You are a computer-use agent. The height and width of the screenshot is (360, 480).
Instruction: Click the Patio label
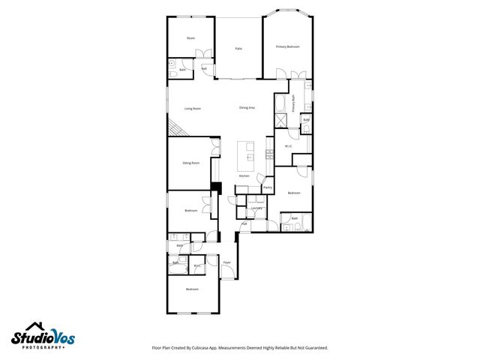238,48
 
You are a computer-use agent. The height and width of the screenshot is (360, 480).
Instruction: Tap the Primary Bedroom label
287,46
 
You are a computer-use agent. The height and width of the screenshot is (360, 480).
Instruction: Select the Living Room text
192,108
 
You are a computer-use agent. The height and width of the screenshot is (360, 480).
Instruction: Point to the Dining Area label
247,108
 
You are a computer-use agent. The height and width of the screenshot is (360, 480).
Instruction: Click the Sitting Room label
190,163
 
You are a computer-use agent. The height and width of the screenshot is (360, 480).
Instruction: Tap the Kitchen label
244,175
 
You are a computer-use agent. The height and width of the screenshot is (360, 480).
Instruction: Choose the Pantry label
267,187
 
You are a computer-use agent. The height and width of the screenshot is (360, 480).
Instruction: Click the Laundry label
256,208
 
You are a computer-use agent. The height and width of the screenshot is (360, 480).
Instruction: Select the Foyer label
226,262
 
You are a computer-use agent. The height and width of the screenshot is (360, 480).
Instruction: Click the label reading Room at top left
190,37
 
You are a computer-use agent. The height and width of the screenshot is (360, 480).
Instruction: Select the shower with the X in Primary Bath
279,121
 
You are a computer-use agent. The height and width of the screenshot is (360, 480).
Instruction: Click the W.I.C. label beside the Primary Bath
288,145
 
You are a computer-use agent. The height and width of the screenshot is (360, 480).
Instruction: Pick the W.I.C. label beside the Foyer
197,265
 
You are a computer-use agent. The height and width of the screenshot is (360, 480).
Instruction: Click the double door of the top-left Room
199,54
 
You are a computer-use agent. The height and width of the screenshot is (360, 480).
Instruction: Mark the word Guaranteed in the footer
314,348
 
